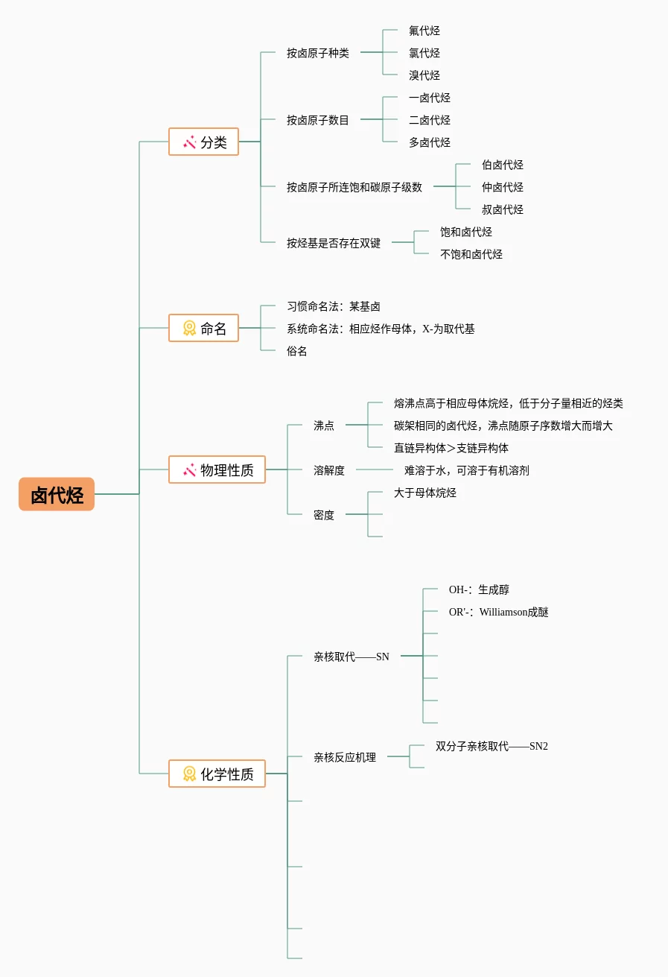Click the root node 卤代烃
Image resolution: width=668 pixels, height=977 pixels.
[x=57, y=494]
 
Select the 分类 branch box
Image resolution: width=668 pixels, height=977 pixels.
[x=203, y=142]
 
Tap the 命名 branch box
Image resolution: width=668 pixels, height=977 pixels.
[x=203, y=328]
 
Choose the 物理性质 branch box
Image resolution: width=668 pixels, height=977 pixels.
[x=217, y=469]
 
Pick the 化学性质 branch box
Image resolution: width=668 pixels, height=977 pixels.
[x=217, y=774]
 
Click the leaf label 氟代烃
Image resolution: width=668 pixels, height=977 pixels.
[x=424, y=31]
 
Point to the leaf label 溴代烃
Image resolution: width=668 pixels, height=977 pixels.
[x=424, y=75]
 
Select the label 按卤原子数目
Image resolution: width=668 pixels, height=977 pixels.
[x=318, y=120]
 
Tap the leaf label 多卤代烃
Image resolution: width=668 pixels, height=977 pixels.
[x=430, y=142]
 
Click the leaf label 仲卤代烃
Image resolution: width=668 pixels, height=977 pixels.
[x=503, y=187]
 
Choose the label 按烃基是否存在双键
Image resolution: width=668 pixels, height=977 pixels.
[x=334, y=243]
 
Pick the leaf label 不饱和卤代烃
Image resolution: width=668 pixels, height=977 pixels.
[x=471, y=254]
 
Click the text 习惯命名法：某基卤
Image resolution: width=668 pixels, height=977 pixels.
[x=334, y=306]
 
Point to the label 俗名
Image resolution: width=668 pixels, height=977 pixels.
[x=297, y=351]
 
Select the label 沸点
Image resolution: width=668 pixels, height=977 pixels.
[x=324, y=426]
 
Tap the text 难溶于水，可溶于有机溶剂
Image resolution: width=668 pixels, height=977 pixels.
[x=467, y=470]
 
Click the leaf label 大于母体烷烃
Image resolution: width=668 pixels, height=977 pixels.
[x=425, y=493]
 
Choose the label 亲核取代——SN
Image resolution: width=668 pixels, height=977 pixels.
[x=352, y=657]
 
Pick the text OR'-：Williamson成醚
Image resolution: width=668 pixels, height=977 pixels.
[x=499, y=612]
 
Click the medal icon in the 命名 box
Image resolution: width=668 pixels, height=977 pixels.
[x=190, y=328]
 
